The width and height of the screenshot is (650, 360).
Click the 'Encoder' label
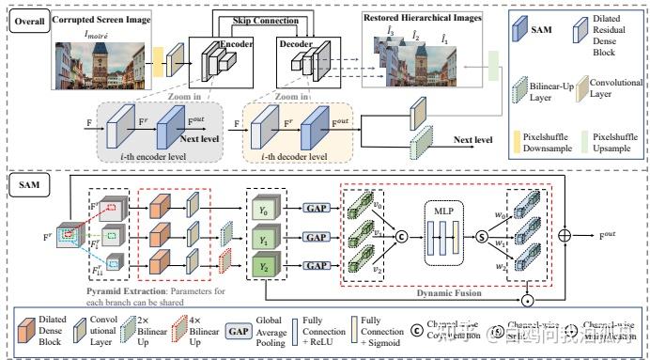coord(238,42)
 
